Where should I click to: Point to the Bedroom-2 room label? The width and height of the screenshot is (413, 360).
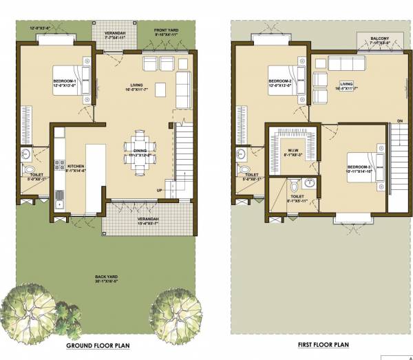tap(282, 83)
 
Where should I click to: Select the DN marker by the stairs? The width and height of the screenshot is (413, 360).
tap(399, 122)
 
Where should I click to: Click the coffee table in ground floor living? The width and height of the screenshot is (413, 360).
tap(160, 89)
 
